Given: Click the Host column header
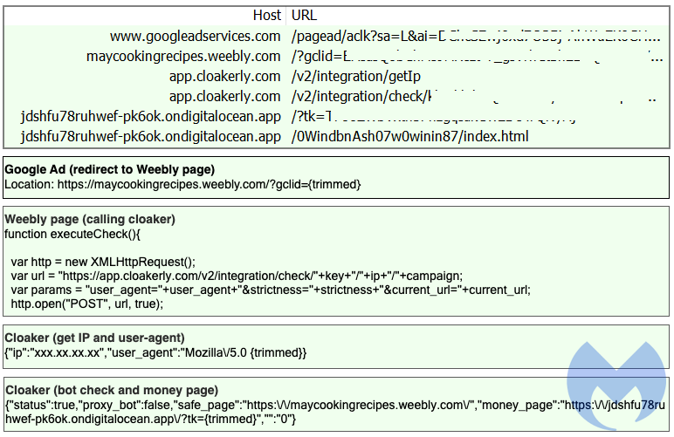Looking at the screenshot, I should click(x=266, y=15).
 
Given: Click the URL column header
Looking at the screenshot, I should click(x=303, y=15).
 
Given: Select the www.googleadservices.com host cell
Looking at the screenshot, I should click(x=195, y=36).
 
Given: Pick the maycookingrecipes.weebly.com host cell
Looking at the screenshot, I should click(x=183, y=56).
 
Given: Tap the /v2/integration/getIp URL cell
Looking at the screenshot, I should click(x=356, y=76).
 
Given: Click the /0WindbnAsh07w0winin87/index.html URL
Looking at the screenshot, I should click(x=410, y=136).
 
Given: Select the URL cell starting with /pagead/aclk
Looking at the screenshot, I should click(x=471, y=36).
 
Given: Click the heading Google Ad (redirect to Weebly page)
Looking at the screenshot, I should click(x=109, y=169).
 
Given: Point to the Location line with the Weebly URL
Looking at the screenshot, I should click(x=182, y=184).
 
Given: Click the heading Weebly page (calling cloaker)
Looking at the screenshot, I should click(x=90, y=219).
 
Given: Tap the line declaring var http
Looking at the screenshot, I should click(x=103, y=262).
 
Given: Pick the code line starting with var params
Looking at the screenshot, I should click(x=270, y=290).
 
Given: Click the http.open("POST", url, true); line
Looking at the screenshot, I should click(x=86, y=304).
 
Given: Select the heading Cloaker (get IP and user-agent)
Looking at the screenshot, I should click(x=94, y=338).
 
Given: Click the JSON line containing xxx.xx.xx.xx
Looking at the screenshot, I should click(x=155, y=352).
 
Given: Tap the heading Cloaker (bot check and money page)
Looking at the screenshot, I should click(x=112, y=390).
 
